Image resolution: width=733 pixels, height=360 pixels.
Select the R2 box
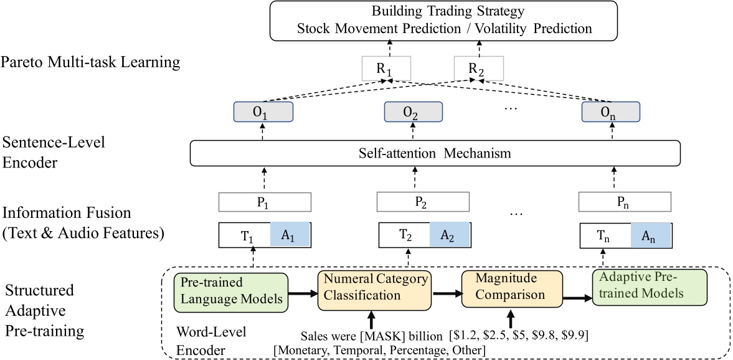[478, 69]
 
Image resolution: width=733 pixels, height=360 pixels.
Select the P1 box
[263, 201]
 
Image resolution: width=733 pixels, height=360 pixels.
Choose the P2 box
[413, 201]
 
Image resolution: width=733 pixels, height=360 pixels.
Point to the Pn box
[625, 201]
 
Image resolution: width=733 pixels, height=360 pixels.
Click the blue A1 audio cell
[290, 235]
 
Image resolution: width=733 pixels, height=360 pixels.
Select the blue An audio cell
[651, 235]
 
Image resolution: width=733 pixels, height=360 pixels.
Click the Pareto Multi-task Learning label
[91, 62]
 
